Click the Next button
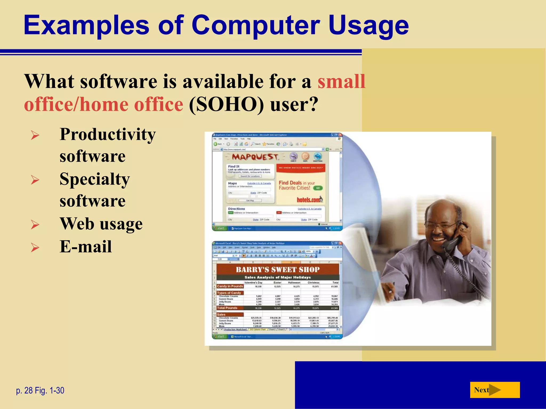(495, 390)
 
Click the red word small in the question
(341, 81)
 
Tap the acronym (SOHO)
(226, 104)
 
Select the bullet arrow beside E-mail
(35, 247)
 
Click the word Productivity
(107, 134)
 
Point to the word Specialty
(95, 179)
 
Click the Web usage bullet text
(101, 224)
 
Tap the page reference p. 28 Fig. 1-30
(40, 390)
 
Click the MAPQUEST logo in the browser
(255, 157)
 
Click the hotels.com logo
(310, 199)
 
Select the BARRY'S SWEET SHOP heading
(278, 269)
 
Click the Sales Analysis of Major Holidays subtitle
(278, 277)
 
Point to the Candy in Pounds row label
(230, 286)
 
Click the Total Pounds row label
(227, 308)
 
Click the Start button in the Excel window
(219, 337)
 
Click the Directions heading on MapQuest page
(236, 209)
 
